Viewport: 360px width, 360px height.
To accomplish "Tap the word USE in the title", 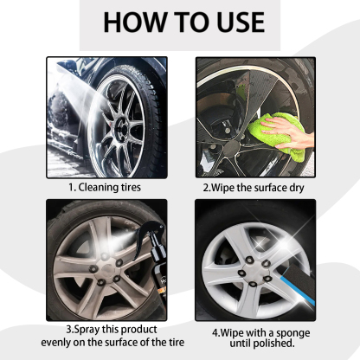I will (x=227, y=22).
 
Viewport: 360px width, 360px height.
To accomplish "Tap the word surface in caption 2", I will (x=267, y=184).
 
